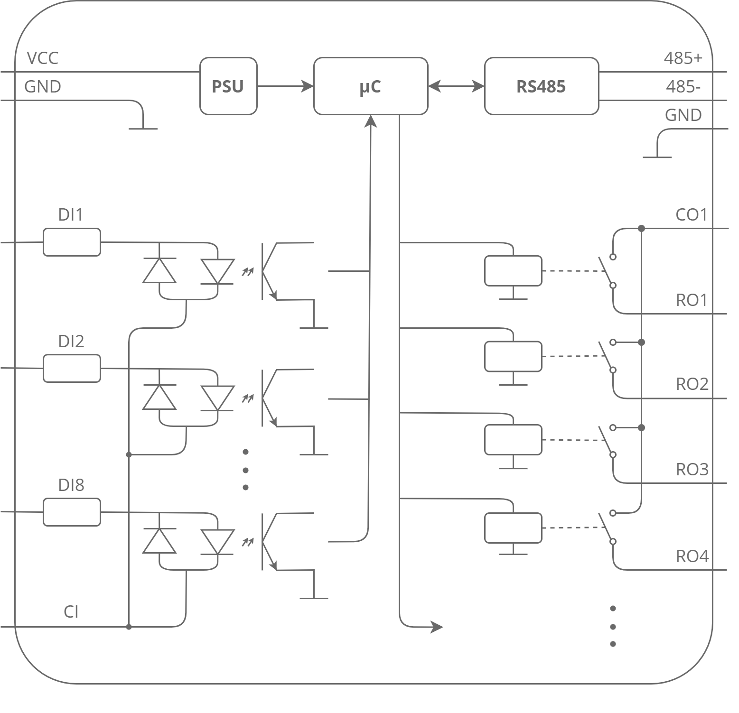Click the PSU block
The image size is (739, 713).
228,86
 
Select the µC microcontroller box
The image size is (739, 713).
370,86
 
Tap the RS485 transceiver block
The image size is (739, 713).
541,86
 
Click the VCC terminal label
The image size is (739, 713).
43,58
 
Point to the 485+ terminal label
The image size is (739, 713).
683,58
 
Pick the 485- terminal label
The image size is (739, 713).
683,87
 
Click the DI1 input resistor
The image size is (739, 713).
72,242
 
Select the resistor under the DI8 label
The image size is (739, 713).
72,512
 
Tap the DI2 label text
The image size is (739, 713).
71,341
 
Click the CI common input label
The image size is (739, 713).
71,612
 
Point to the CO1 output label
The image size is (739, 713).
691,215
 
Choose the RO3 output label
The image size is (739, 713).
692,470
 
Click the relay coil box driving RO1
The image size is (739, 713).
513,271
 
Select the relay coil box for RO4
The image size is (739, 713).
513,528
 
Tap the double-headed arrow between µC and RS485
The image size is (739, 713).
456,86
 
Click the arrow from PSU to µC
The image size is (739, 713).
285,86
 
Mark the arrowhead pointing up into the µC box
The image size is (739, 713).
371,121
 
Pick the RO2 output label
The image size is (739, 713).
692,384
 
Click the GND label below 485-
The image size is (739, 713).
683,115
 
